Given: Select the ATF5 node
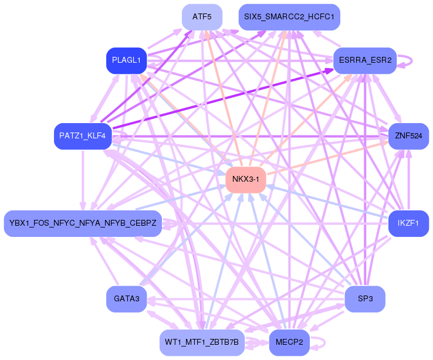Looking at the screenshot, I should click(202, 17).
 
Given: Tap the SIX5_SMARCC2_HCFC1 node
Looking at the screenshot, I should click(289, 17).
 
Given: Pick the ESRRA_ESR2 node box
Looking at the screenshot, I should click(365, 60).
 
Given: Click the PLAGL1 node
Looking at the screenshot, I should click(126, 60).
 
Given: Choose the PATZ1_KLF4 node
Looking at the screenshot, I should click(82, 136).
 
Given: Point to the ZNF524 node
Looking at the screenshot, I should click(408, 136).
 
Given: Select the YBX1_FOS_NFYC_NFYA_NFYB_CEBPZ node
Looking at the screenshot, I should click(83, 223).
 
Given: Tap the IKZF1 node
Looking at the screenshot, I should click(408, 223).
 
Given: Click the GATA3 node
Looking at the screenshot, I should click(126, 299).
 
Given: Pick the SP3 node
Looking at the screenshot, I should click(365, 299).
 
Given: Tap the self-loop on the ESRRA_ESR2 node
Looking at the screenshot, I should click(410, 60).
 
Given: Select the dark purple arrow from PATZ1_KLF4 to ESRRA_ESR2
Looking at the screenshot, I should click(223, 97).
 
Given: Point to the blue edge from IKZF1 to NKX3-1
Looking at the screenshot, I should click(329, 202).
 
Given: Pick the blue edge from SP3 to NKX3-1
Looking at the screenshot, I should click(305, 239).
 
